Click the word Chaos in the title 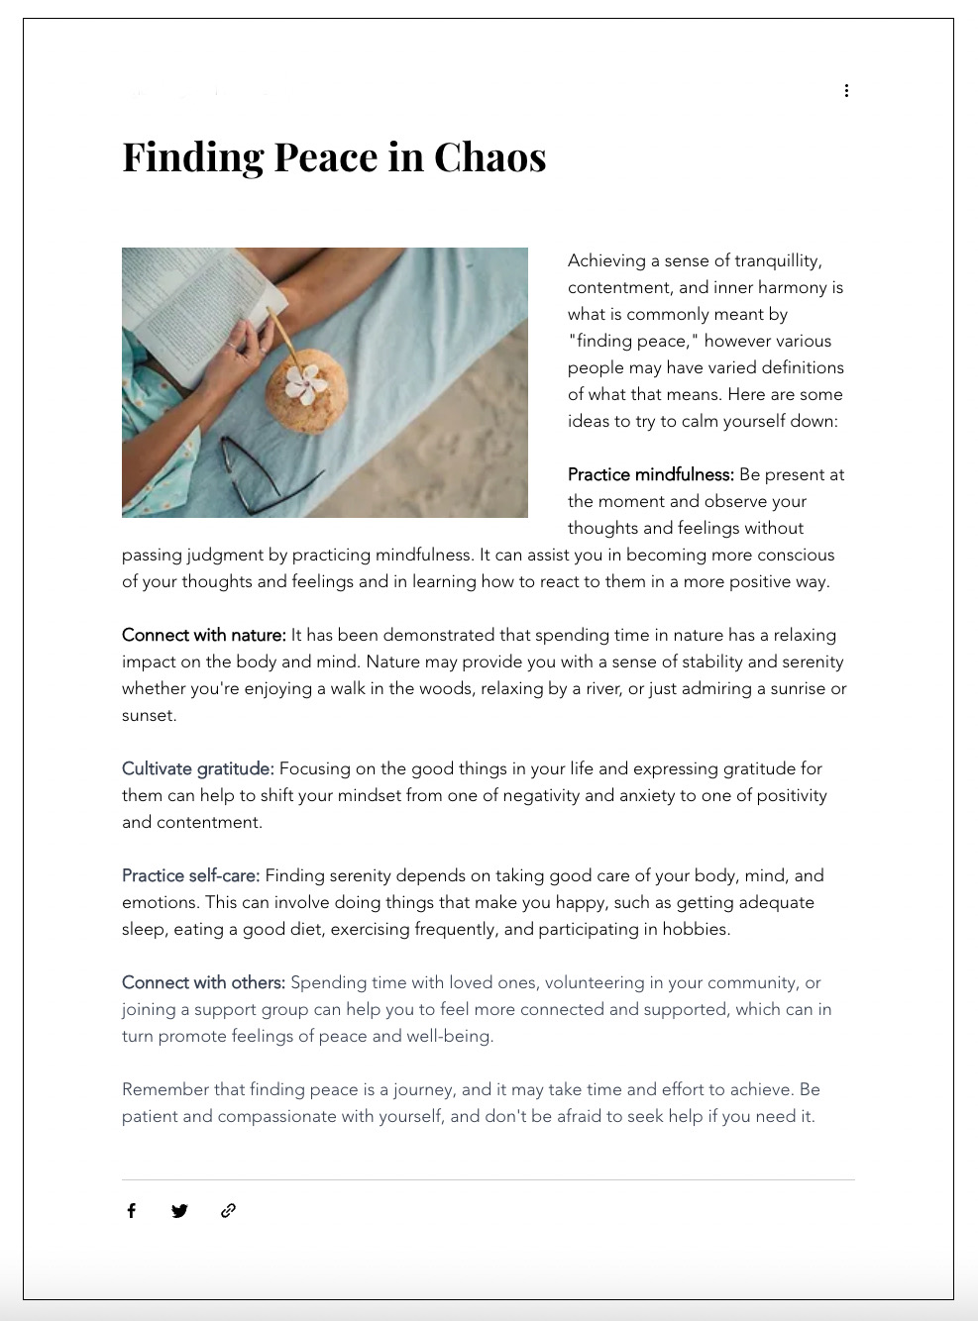pyautogui.click(x=489, y=157)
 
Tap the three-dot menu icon pyautogui.click(x=846, y=91)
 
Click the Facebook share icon pyautogui.click(x=131, y=1210)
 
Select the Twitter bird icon pyautogui.click(x=179, y=1210)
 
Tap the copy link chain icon pyautogui.click(x=228, y=1210)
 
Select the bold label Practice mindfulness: pyautogui.click(x=650, y=474)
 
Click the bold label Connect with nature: pyautogui.click(x=203, y=635)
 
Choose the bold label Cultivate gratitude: pyautogui.click(x=197, y=768)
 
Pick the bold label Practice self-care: pyautogui.click(x=190, y=875)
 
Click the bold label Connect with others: pyautogui.click(x=203, y=982)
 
